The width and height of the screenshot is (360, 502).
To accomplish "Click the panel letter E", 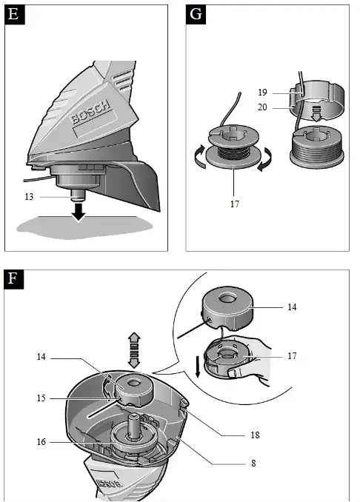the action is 14,14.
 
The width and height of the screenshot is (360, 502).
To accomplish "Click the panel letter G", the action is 196,14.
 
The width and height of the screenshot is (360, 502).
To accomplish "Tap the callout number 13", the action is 29,196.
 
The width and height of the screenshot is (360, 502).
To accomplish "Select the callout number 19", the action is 263,93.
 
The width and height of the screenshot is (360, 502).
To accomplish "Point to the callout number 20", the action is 262,107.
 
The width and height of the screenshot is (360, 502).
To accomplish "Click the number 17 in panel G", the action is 235,204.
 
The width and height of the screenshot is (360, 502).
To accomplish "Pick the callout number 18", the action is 255,435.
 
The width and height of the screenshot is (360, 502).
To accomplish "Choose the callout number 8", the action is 253,463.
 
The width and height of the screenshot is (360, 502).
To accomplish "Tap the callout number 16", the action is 41,442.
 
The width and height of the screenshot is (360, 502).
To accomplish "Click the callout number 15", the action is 41,398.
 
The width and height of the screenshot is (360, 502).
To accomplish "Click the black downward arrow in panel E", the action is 79,212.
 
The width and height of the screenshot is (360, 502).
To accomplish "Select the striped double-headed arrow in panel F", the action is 134,350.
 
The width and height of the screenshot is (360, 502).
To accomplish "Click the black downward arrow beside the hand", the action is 198,366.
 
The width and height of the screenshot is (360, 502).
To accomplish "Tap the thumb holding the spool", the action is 235,372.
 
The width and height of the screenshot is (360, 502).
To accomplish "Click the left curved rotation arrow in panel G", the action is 200,156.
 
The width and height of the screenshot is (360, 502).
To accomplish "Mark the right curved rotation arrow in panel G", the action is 265,159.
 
